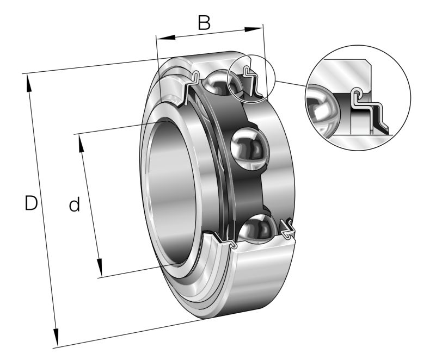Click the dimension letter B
click(204, 22)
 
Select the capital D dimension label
click(31, 203)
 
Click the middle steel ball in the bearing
click(250, 147)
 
